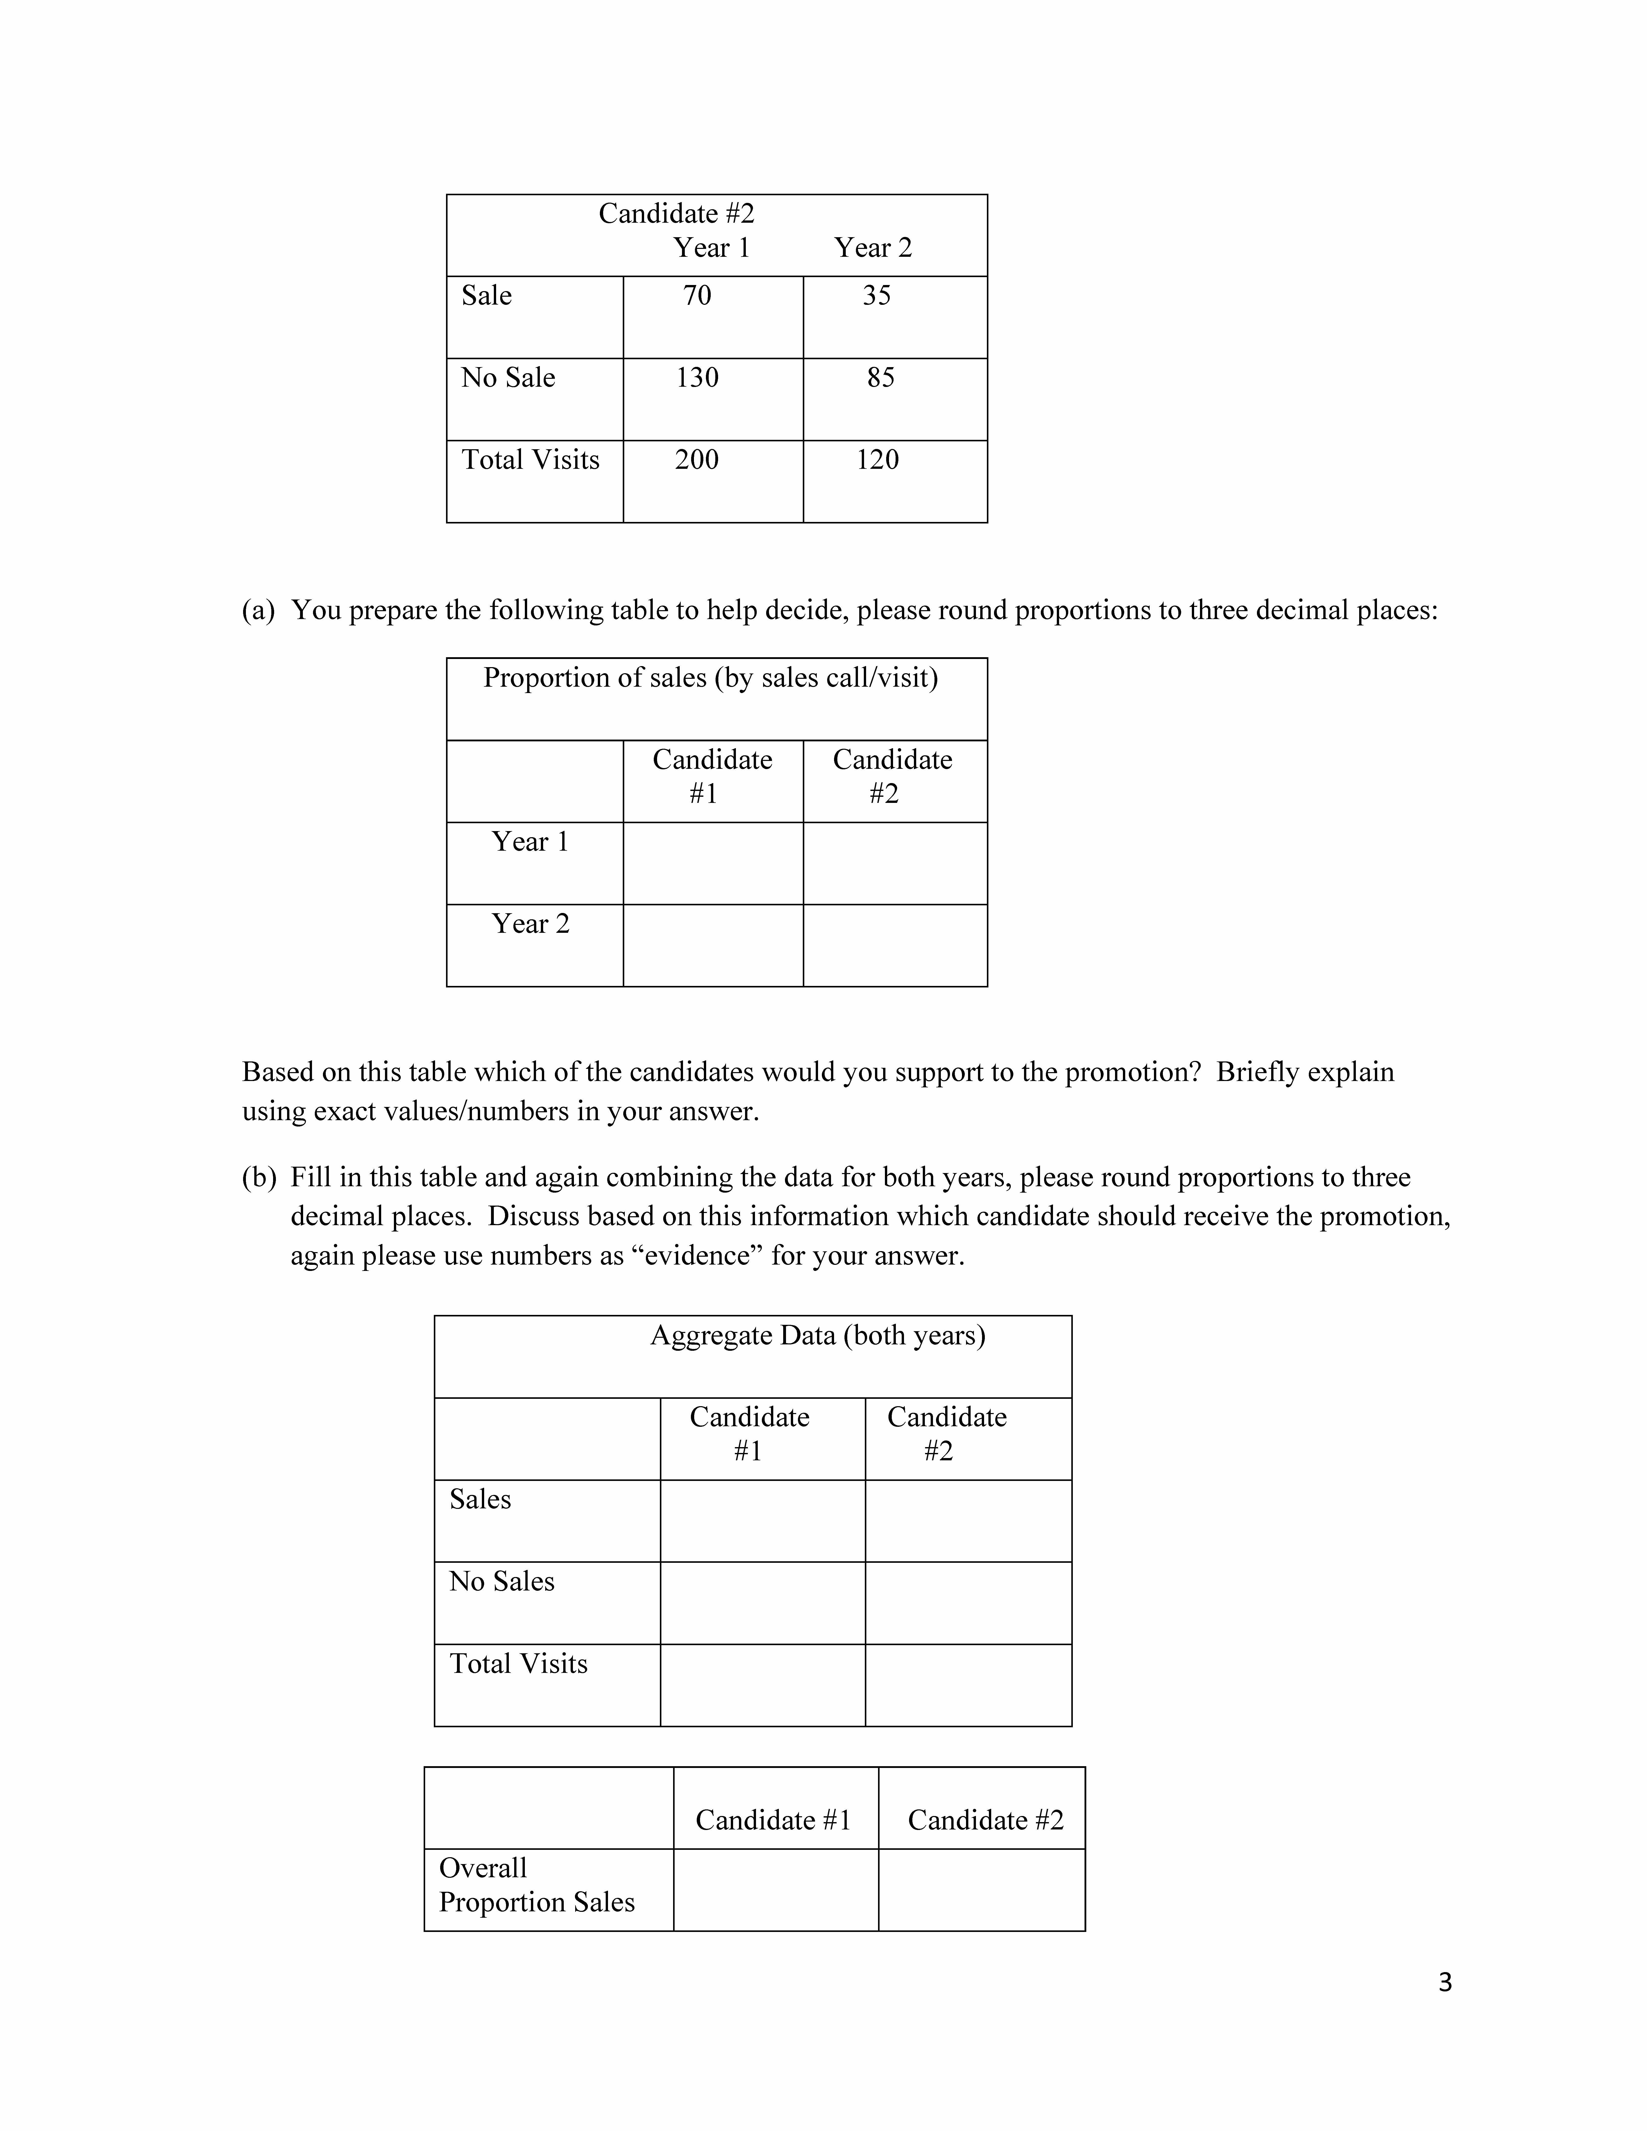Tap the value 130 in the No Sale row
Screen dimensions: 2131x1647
click(x=697, y=378)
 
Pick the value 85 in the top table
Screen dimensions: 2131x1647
click(x=880, y=378)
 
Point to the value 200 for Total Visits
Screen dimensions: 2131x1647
click(x=697, y=460)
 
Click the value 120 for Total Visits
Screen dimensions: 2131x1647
click(x=877, y=460)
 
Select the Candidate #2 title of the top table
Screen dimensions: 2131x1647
click(x=676, y=214)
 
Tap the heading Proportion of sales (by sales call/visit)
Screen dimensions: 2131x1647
click(x=710, y=677)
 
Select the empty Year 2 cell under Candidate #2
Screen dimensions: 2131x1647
click(x=895, y=946)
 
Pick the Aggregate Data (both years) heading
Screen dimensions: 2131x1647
click(x=818, y=1335)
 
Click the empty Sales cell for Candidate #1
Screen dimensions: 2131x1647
click(x=762, y=1521)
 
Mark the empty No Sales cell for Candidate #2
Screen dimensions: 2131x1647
click(x=968, y=1603)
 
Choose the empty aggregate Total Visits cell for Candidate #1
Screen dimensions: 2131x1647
click(x=762, y=1685)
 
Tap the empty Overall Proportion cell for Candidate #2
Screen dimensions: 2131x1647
click(x=982, y=1890)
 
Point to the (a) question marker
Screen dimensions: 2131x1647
click(x=259, y=611)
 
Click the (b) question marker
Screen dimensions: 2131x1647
click(x=259, y=1178)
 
